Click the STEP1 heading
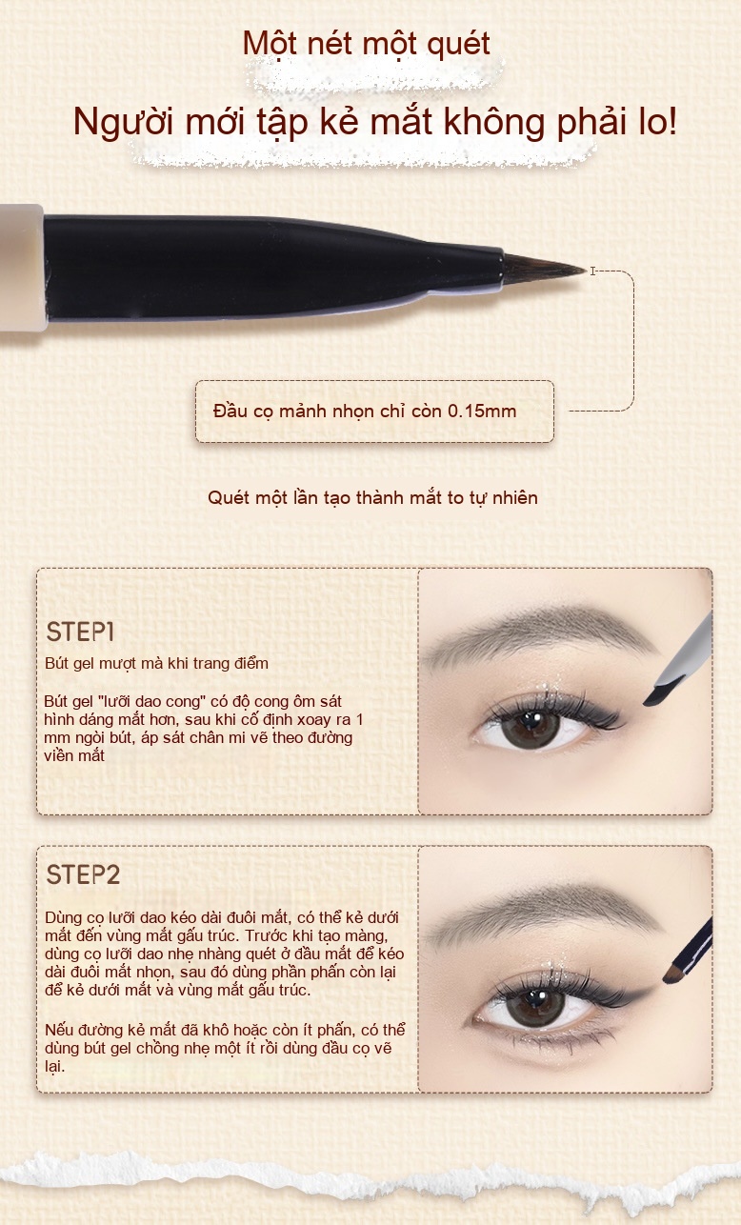coord(80,632)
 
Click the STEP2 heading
coord(83,874)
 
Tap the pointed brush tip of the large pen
coord(583,270)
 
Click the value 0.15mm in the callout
coord(482,411)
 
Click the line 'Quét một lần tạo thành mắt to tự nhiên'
coord(372,497)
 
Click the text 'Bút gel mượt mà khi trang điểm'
coord(156,663)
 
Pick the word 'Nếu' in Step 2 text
coord(59,1031)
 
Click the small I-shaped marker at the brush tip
coord(592,271)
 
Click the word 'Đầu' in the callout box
coord(230,411)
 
